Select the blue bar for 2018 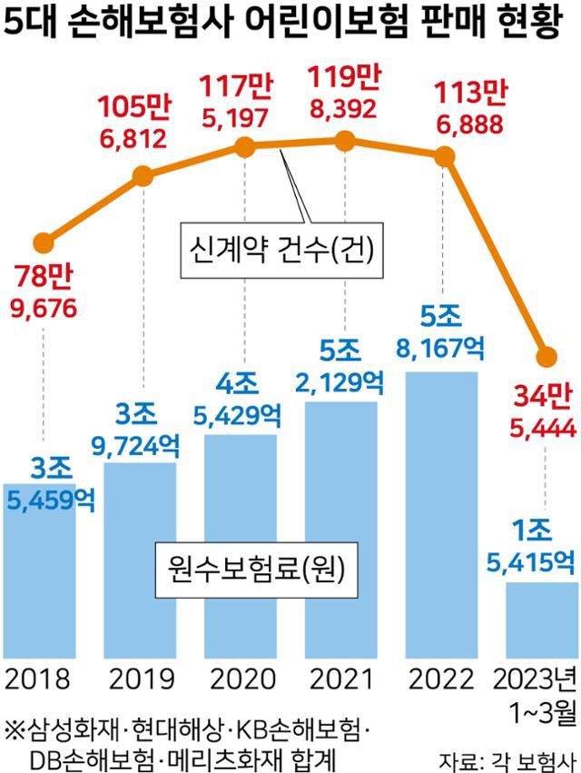point(38,581)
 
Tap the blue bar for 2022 point(441,509)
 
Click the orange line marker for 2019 point(143,175)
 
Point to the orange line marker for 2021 point(343,140)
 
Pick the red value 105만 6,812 point(134,123)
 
